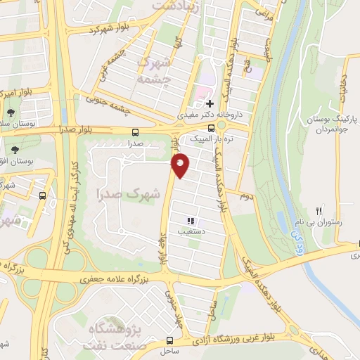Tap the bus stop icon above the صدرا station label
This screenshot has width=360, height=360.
click(134, 131)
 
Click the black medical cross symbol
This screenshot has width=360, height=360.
click(210, 103)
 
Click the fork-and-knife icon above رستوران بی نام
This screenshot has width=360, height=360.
click(319, 210)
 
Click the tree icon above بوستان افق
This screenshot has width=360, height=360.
click(15, 149)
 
